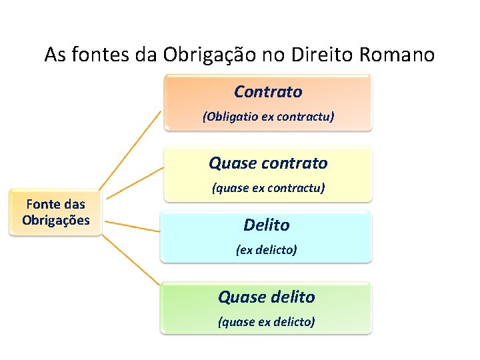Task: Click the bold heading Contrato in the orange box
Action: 268,91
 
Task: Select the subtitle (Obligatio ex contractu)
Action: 268,117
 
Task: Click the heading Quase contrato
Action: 268,163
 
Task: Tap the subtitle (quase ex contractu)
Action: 268,188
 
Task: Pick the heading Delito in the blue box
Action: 267,225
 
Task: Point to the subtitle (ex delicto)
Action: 267,250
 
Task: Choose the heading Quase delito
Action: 267,297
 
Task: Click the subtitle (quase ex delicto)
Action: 267,322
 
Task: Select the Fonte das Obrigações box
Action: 56,213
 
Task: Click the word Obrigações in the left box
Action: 56,220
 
